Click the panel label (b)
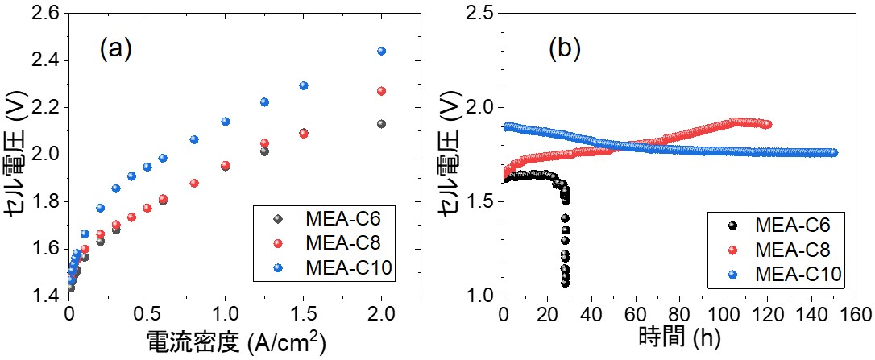point(564,50)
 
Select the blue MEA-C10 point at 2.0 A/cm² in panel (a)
point(382,51)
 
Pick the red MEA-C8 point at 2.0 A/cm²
point(382,91)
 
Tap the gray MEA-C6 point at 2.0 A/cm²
point(382,124)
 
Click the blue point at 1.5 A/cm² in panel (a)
point(304,85)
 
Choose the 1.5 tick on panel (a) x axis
point(304,312)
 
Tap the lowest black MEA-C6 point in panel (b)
point(566,283)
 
